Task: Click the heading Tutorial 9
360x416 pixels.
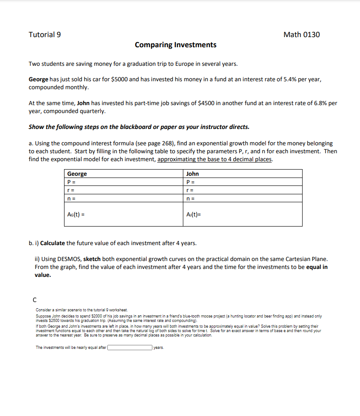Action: point(45,34)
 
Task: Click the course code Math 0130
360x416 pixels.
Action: point(302,34)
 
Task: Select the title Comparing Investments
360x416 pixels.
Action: point(175,45)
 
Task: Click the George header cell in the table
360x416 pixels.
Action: point(123,174)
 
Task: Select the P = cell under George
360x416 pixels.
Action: point(123,182)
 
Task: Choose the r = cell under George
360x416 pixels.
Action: point(123,190)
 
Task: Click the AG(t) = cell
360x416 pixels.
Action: point(123,214)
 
